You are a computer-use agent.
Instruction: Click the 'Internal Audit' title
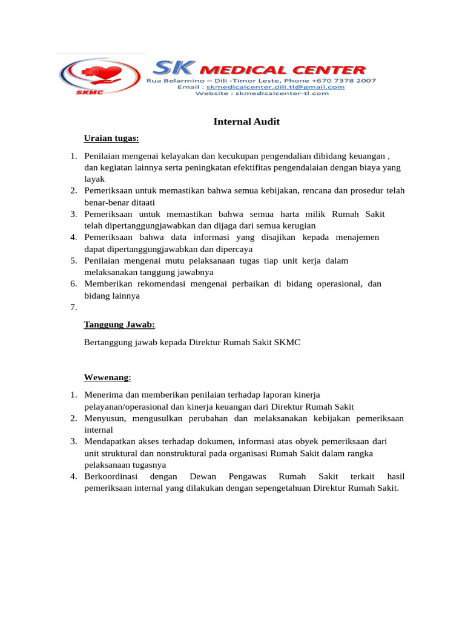point(246,122)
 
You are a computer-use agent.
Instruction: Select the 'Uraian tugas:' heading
point(111,138)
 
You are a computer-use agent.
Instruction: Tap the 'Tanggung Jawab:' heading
point(119,325)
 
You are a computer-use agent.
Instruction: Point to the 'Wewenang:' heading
point(107,377)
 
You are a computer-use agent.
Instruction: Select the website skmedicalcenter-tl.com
point(282,93)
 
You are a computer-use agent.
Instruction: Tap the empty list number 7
point(73,308)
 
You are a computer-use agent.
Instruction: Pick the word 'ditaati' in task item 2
point(150,202)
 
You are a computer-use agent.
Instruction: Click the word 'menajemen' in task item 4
point(357,237)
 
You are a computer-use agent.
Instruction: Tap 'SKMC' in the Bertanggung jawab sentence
point(287,342)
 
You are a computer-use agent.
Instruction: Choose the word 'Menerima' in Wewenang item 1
point(102,395)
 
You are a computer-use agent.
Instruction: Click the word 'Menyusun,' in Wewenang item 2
point(104,418)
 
